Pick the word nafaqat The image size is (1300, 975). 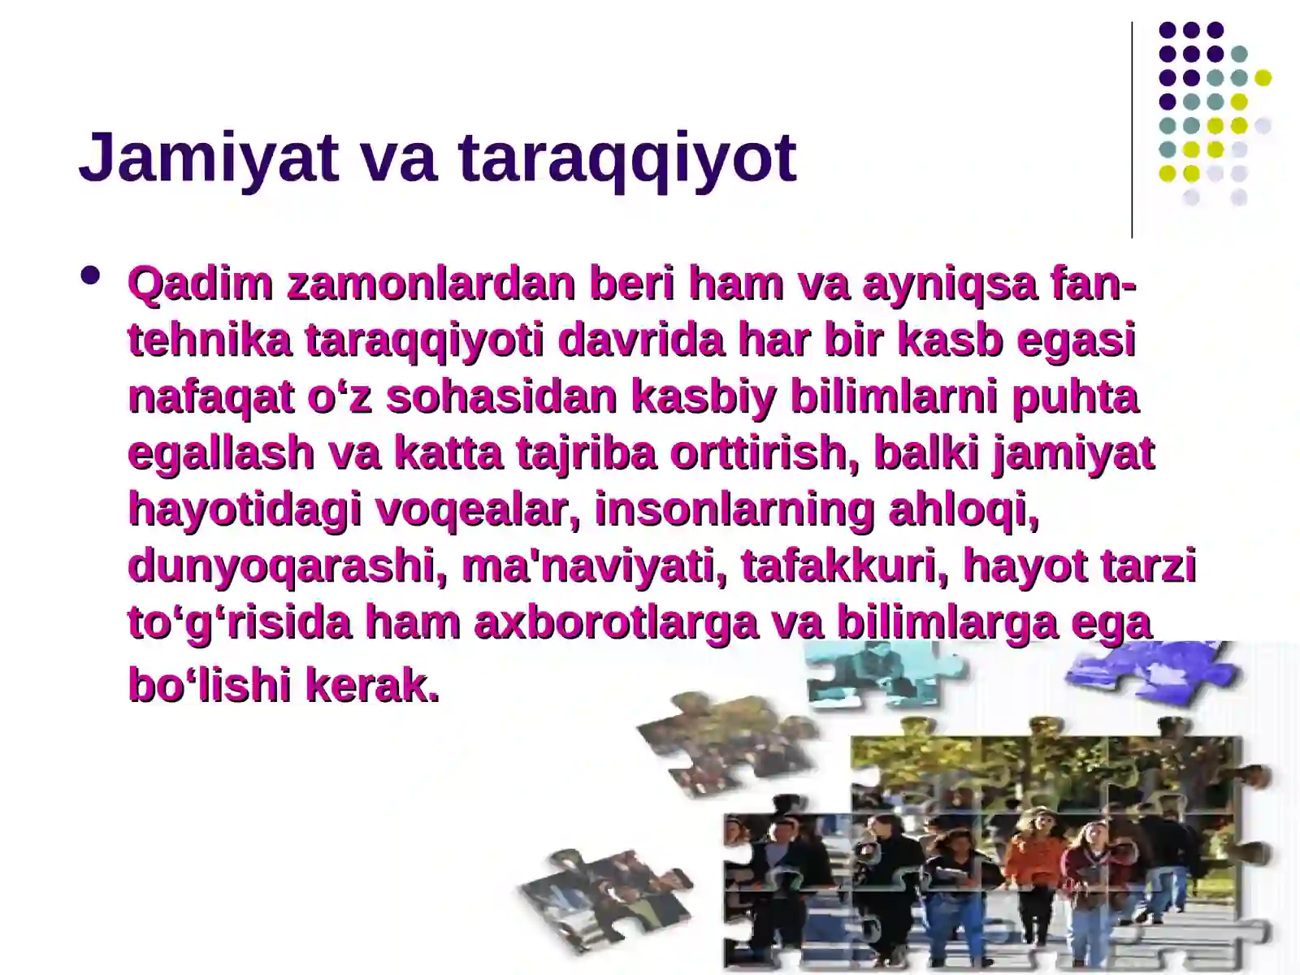pos(209,397)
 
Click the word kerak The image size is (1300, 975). pos(372,686)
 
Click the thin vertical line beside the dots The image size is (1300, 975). pos(1132,130)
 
